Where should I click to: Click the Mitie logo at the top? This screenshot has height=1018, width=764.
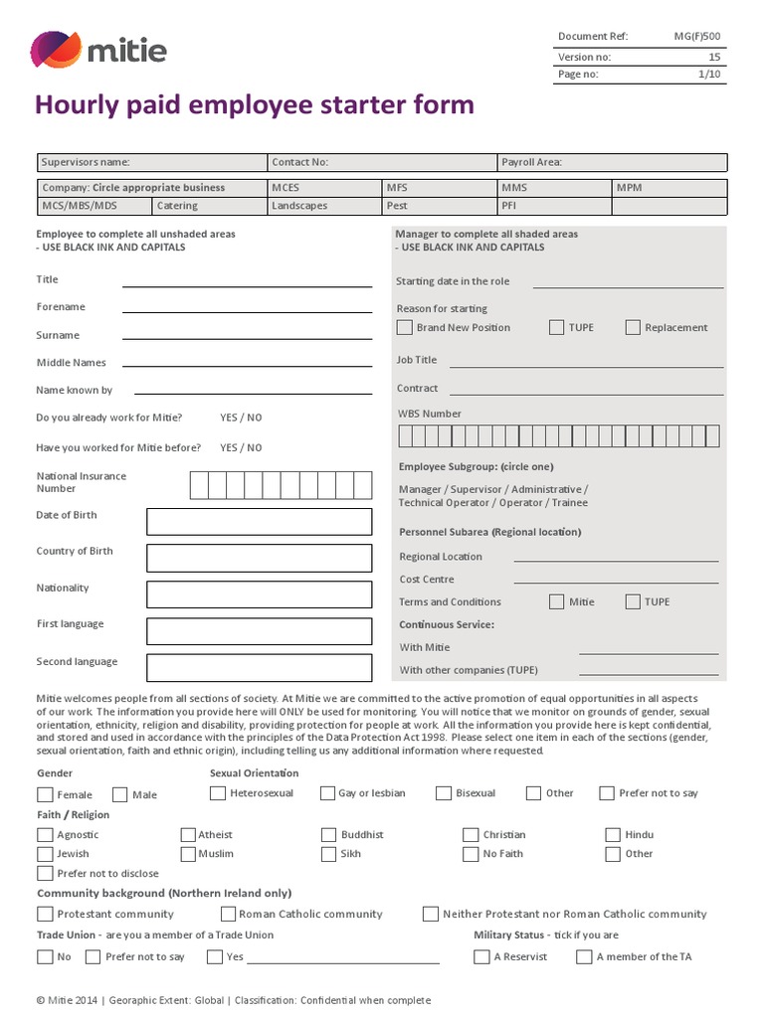(x=98, y=50)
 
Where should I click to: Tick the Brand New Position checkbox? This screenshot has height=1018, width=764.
(x=404, y=327)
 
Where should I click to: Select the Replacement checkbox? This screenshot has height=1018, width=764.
(x=633, y=327)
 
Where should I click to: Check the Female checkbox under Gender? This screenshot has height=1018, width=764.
(x=45, y=794)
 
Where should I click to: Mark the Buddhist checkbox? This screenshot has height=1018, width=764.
(x=329, y=835)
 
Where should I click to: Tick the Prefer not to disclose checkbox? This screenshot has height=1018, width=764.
(x=45, y=874)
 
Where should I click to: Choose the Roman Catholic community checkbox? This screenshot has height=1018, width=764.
(x=228, y=914)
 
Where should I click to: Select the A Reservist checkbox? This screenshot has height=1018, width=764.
(x=482, y=956)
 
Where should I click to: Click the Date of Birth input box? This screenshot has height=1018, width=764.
(x=259, y=522)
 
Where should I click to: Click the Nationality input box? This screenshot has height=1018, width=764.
(x=259, y=594)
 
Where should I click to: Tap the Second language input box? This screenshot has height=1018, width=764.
(x=259, y=667)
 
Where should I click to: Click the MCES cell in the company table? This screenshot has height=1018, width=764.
(x=325, y=188)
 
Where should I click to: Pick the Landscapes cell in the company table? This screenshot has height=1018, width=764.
(x=325, y=206)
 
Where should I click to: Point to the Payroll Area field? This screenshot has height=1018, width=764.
(x=612, y=162)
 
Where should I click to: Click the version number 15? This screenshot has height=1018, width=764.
(x=713, y=57)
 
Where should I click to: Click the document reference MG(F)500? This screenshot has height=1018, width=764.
(x=696, y=37)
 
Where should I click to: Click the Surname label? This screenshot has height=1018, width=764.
(x=58, y=335)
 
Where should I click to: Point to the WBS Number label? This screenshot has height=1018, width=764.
(x=430, y=414)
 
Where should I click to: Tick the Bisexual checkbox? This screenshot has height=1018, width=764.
(x=443, y=793)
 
